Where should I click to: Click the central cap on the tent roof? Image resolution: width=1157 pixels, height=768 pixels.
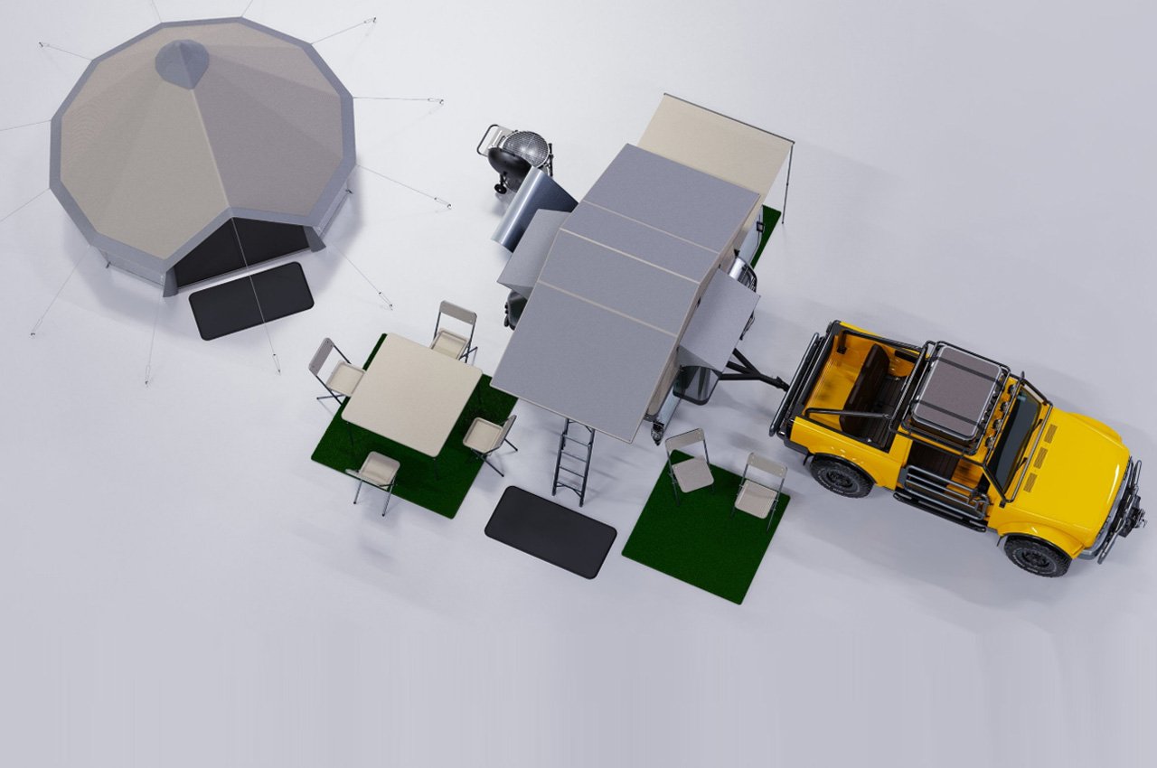[183, 63]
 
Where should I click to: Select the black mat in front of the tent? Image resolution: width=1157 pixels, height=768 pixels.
[250, 301]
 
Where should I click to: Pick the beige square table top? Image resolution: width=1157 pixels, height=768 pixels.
[411, 394]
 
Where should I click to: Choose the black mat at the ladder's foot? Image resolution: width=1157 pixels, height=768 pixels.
[550, 531]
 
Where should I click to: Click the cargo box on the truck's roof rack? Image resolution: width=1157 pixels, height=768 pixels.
[958, 393]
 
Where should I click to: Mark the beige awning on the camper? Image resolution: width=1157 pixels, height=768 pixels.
[714, 145]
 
